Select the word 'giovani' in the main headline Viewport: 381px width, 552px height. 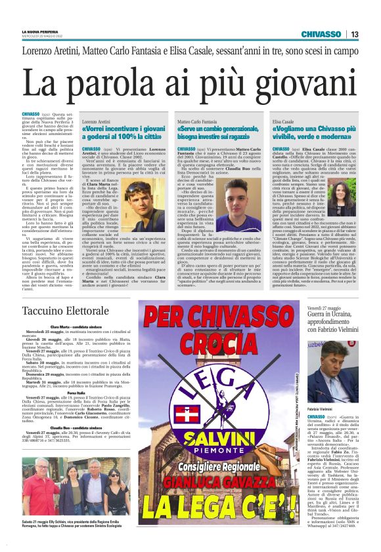[x=302, y=84]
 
